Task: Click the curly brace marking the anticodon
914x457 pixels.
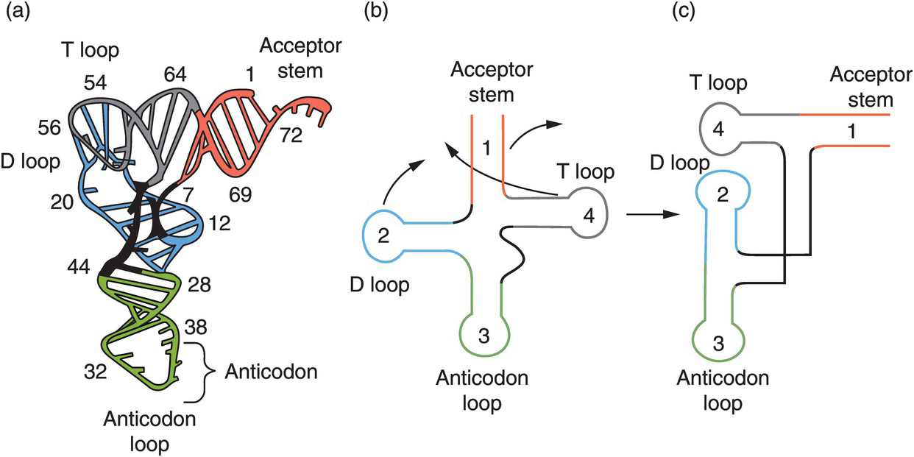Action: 206,372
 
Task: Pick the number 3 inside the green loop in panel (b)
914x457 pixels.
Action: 483,336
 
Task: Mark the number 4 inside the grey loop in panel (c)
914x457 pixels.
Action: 719,132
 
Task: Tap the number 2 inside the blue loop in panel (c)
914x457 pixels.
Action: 722,195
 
